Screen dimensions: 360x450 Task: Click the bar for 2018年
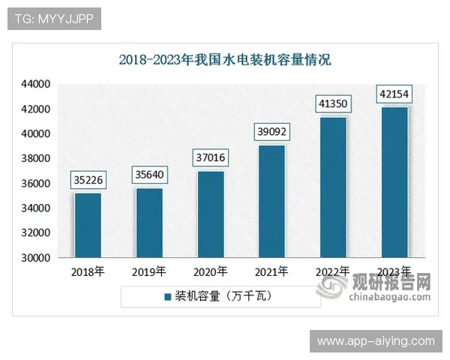click(88, 225)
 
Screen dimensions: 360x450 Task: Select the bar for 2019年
click(149, 223)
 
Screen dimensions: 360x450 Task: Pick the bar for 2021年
click(271, 201)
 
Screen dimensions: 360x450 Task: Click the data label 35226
click(88, 180)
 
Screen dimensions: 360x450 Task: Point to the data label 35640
click(149, 175)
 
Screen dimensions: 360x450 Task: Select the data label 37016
click(211, 159)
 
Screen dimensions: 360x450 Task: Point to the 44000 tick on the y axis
click(34, 84)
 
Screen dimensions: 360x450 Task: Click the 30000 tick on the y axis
click(34, 258)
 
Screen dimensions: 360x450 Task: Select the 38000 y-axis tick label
click(34, 159)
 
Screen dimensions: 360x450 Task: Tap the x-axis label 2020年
click(211, 272)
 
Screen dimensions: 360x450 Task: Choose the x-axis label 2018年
click(88, 272)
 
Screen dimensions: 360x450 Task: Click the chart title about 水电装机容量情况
click(225, 59)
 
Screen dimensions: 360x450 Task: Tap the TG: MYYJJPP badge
click(54, 19)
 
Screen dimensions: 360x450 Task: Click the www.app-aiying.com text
click(375, 341)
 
